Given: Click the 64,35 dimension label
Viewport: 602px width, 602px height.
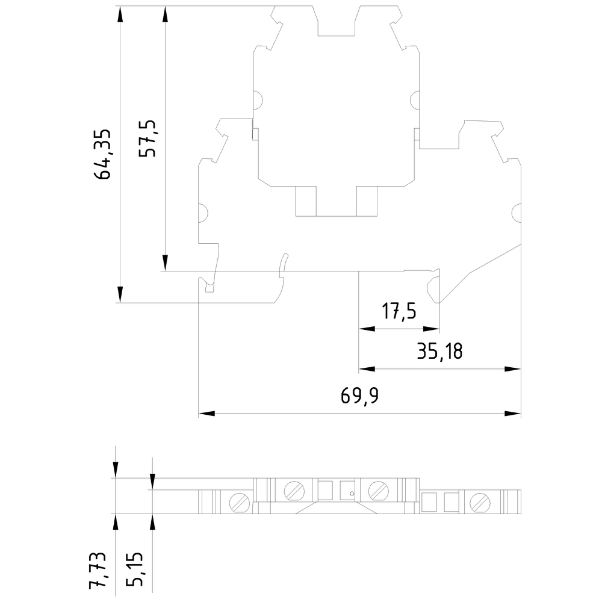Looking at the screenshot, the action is click(103, 154).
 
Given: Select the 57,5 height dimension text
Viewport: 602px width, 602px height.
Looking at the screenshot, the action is click(147, 138).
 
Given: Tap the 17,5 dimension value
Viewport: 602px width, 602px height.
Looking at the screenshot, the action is click(399, 311).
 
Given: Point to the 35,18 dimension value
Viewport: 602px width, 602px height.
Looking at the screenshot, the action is click(440, 352).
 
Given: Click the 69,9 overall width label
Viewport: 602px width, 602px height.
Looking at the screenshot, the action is click(360, 396).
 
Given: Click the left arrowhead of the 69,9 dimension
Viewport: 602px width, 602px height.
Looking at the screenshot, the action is click(206, 414).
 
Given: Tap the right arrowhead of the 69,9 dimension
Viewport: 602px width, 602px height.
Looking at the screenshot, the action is click(513, 414).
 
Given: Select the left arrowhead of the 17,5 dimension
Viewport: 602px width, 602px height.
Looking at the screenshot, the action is click(367, 329).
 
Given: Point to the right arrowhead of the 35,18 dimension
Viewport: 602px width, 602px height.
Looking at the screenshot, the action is click(513, 369).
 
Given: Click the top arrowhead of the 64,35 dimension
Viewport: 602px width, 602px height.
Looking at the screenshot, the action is click(120, 14).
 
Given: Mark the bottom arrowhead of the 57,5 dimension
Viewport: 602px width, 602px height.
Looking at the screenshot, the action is click(165, 263).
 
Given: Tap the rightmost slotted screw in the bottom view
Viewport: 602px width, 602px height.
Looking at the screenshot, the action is click(480, 502).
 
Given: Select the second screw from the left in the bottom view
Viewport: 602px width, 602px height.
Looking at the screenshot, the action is click(294, 490).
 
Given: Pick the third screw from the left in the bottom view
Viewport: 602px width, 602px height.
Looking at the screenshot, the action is click(378, 490).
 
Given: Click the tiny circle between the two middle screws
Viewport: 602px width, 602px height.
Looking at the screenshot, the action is click(352, 494).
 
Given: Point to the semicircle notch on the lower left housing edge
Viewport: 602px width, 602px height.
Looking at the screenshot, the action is click(203, 213).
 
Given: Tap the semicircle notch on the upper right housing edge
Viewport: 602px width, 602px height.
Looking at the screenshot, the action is click(415, 100).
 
